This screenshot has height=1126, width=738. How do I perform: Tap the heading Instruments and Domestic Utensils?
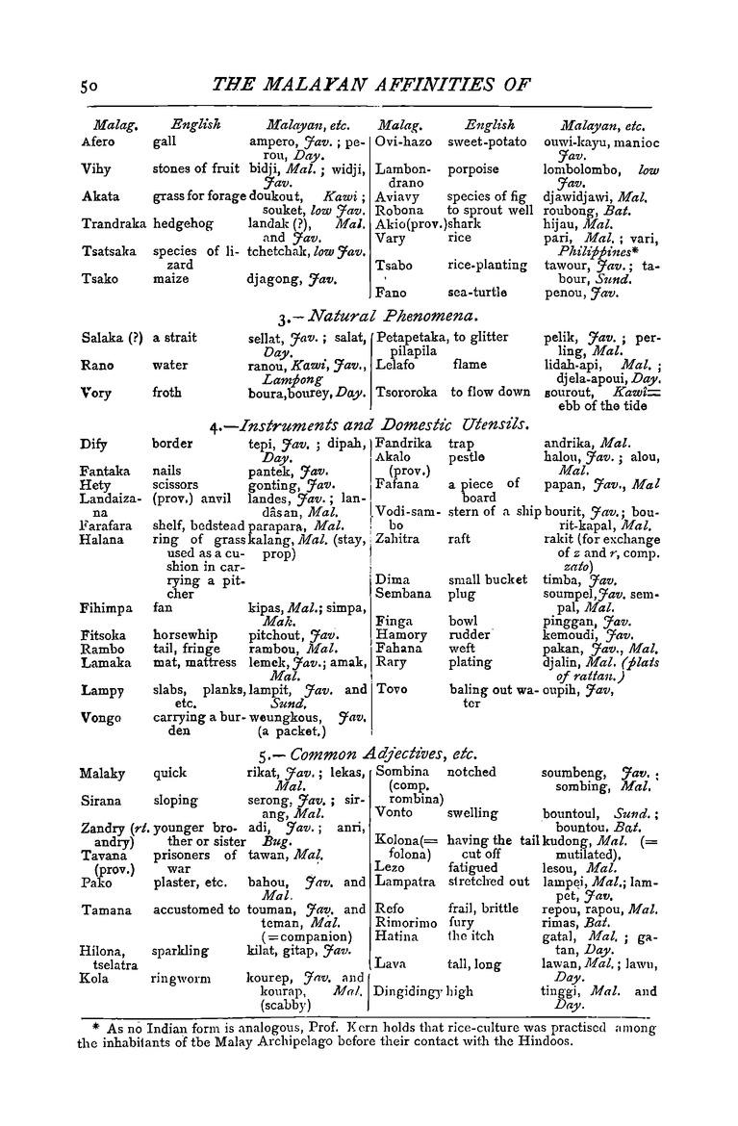pyautogui.click(x=385, y=422)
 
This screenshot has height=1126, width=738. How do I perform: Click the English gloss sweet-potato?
pyautogui.click(x=488, y=142)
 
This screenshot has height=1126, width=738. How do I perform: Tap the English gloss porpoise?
pyautogui.click(x=473, y=169)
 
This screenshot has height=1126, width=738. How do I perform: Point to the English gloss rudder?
pyautogui.click(x=471, y=636)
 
